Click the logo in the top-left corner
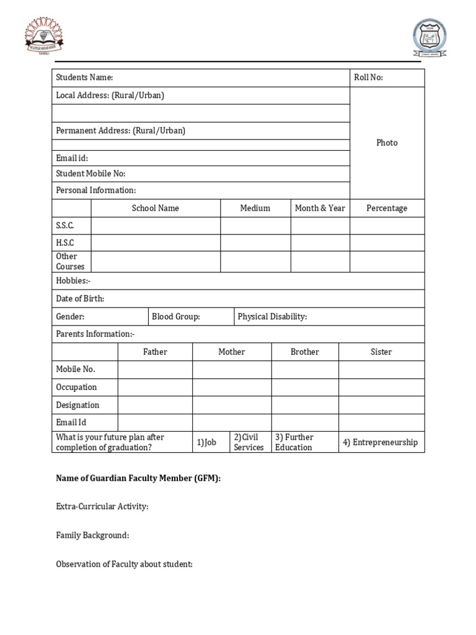(x=43, y=36)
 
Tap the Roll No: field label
(x=368, y=78)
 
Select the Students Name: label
(x=84, y=78)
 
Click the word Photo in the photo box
(x=387, y=143)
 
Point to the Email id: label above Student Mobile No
(x=72, y=158)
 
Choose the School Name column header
(x=155, y=208)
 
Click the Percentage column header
(x=387, y=208)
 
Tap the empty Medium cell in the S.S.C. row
(x=255, y=226)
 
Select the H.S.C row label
(x=65, y=243)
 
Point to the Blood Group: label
(x=176, y=317)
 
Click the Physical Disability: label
(x=272, y=317)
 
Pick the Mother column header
(x=232, y=352)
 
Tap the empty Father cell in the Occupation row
(x=155, y=387)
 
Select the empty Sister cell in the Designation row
(x=381, y=405)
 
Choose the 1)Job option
(x=206, y=442)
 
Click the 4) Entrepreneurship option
(x=381, y=442)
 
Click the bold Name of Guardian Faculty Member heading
(x=138, y=478)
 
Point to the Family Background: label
(x=92, y=535)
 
